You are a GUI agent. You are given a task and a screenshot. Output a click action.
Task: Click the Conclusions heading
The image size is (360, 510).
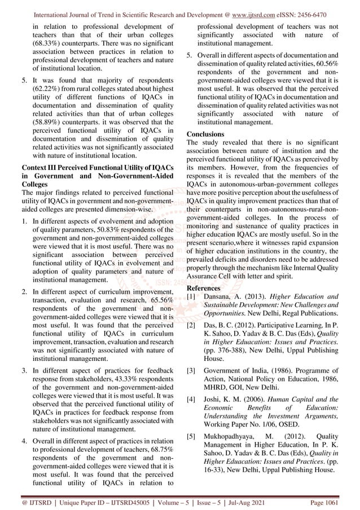[x=205, y=134]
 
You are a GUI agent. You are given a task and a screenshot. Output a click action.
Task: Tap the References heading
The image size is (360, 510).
[x=205, y=287]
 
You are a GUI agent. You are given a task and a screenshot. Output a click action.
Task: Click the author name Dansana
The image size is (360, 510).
[x=225, y=296]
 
